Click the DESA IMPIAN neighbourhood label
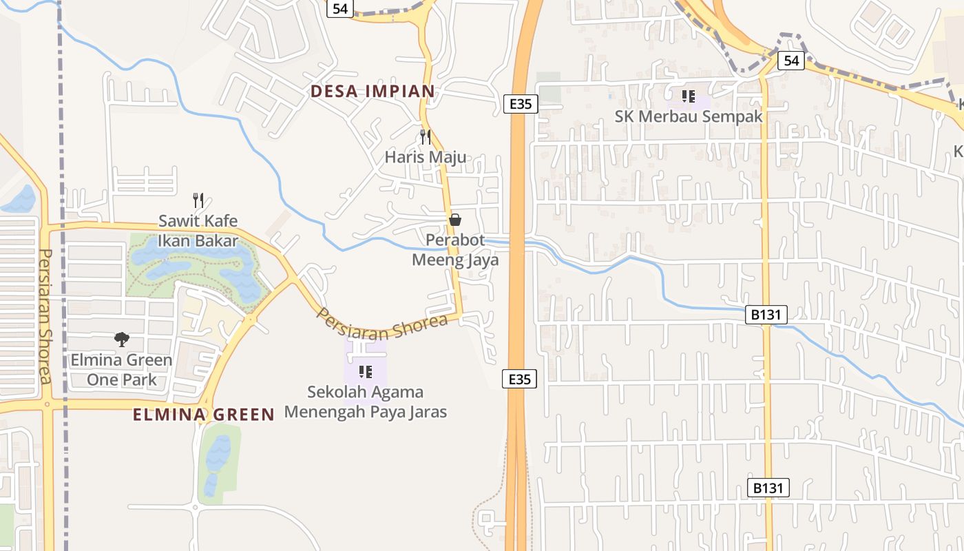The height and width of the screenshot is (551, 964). pos(373,91)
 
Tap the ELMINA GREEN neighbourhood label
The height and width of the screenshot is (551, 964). pos(203,415)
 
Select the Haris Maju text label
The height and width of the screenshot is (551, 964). pos(425,157)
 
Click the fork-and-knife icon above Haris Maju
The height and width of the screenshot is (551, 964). pos(426,137)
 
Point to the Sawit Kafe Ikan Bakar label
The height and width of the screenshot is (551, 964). pos(198,231)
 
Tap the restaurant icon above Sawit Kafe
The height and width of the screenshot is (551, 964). pos(198,200)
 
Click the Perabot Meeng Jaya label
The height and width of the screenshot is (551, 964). pos(455,250)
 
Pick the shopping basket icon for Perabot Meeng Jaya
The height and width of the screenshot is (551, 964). pos(454,220)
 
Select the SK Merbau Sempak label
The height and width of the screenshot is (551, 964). pos(689,116)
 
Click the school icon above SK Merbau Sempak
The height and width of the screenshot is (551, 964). pos(688,96)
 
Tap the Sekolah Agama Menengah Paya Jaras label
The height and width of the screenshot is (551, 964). pos(366,402)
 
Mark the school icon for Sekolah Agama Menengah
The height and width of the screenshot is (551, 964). pos(366,372)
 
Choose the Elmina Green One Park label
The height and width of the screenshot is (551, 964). pos(122,370)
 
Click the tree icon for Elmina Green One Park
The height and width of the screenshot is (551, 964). pos(122,339)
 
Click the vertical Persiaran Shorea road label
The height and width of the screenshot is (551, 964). pos(45,317)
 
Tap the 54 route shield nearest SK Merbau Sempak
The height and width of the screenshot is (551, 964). pos(791,61)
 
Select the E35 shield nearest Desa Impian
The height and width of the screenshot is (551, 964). pos(520,104)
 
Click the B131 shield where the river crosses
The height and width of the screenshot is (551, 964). pos(766,315)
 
